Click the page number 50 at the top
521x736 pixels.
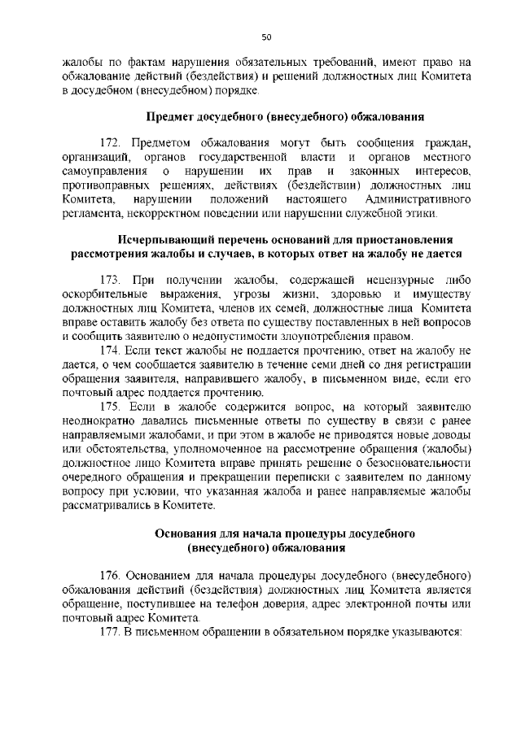pos(266,37)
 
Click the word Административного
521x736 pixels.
pos(420,200)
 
